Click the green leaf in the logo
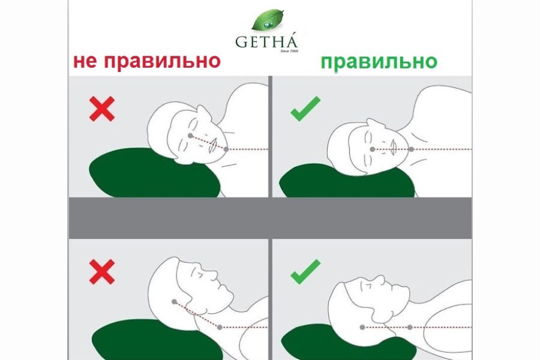(x=268, y=20)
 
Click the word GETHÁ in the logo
(x=266, y=41)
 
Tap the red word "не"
(x=85, y=62)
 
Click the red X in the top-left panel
(x=102, y=109)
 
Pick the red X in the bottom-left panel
(x=102, y=272)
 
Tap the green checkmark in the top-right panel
(x=305, y=109)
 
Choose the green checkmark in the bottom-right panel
(x=305, y=272)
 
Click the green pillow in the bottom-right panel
(x=348, y=344)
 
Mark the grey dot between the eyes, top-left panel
(x=190, y=136)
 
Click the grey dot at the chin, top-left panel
(x=226, y=149)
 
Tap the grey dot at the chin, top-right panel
(x=411, y=149)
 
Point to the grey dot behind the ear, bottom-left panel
(x=174, y=302)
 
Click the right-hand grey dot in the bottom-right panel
(x=410, y=327)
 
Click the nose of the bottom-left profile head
(x=213, y=275)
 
